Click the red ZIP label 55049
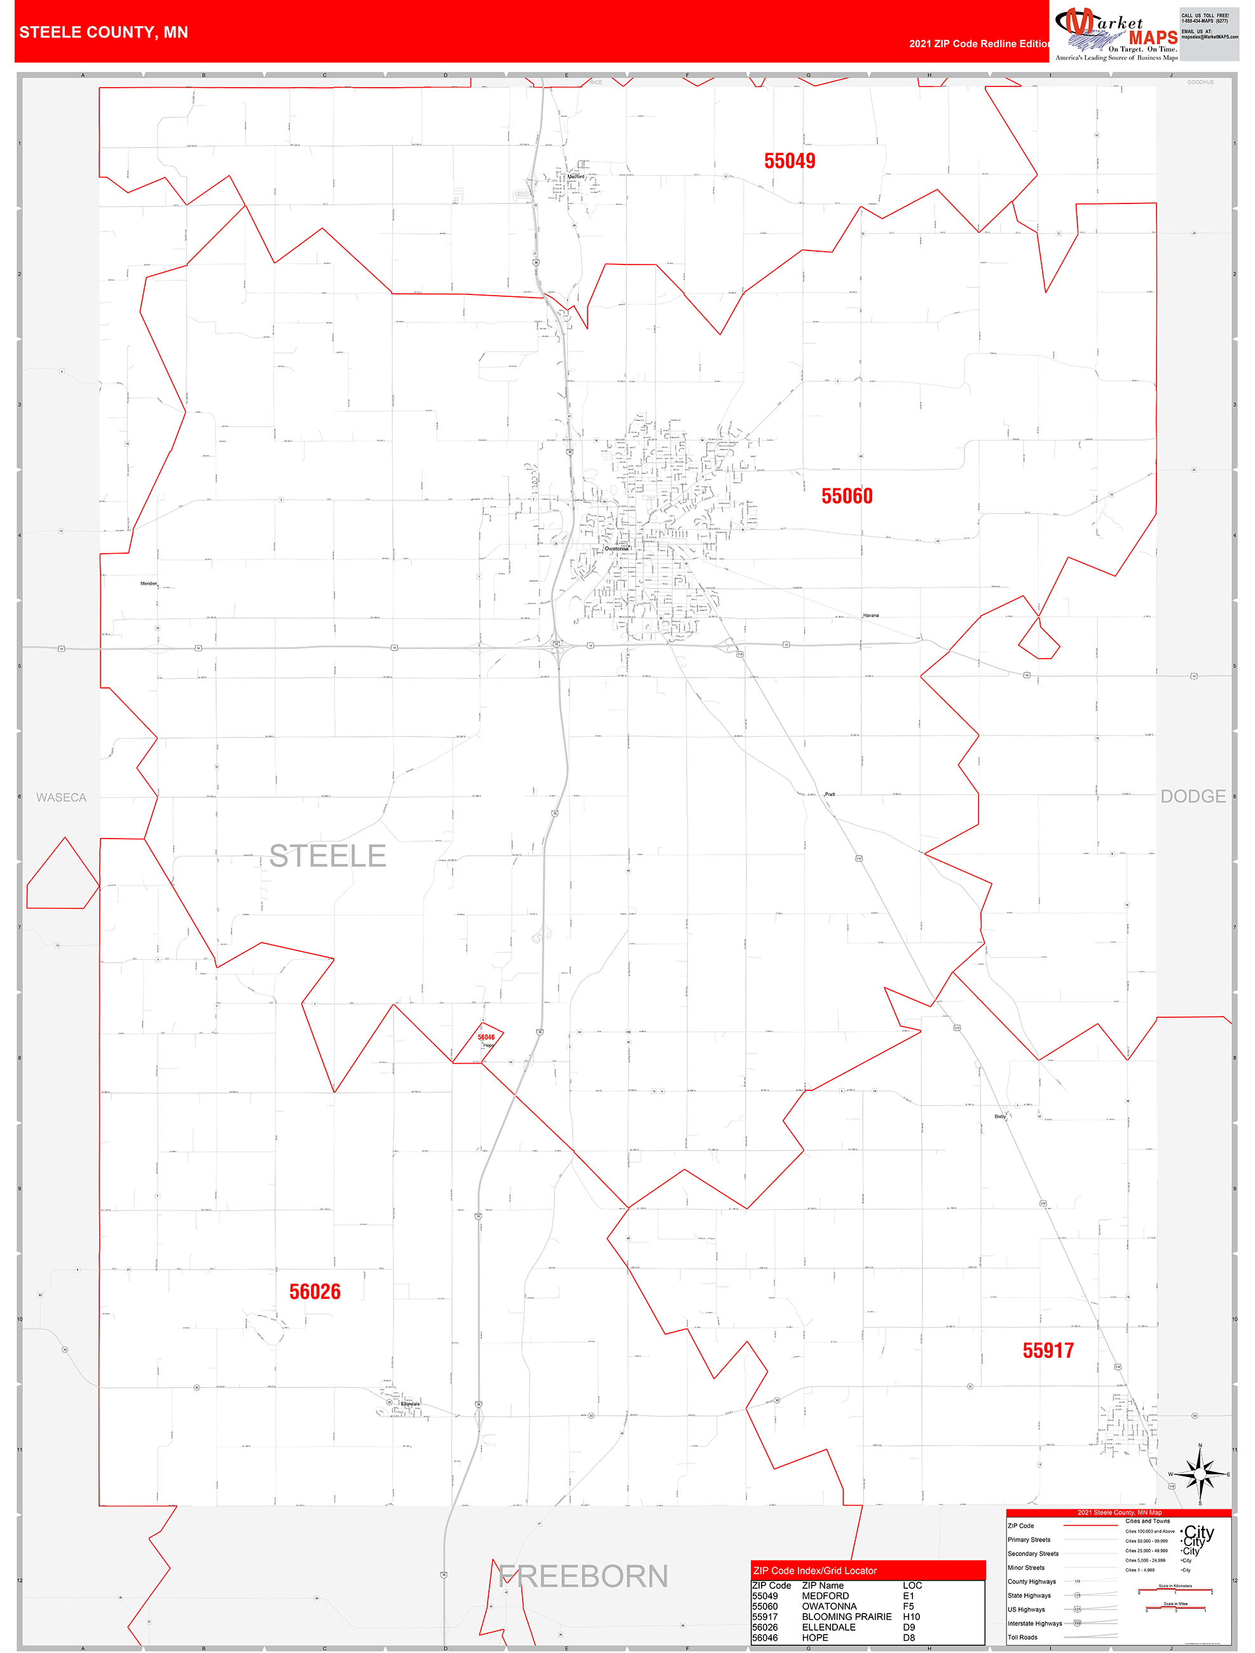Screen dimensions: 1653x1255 click(790, 161)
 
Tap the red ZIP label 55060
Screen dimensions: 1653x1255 click(847, 496)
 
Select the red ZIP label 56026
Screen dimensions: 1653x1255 click(315, 1292)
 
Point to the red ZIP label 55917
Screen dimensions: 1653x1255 click(1048, 1351)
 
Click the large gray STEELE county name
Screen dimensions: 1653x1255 click(327, 856)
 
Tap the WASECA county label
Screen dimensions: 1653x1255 click(61, 797)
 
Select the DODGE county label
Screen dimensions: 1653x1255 click(1192, 797)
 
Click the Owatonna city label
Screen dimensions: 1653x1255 click(617, 549)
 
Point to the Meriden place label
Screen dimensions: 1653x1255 click(149, 584)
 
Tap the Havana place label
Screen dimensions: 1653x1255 click(871, 616)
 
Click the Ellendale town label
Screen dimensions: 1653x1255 click(410, 1404)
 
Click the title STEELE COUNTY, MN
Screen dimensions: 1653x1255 click(104, 32)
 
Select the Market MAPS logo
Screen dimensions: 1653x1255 click(1116, 34)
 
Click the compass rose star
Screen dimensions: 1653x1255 click(1200, 1474)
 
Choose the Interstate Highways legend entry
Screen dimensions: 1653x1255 click(1034, 1623)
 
